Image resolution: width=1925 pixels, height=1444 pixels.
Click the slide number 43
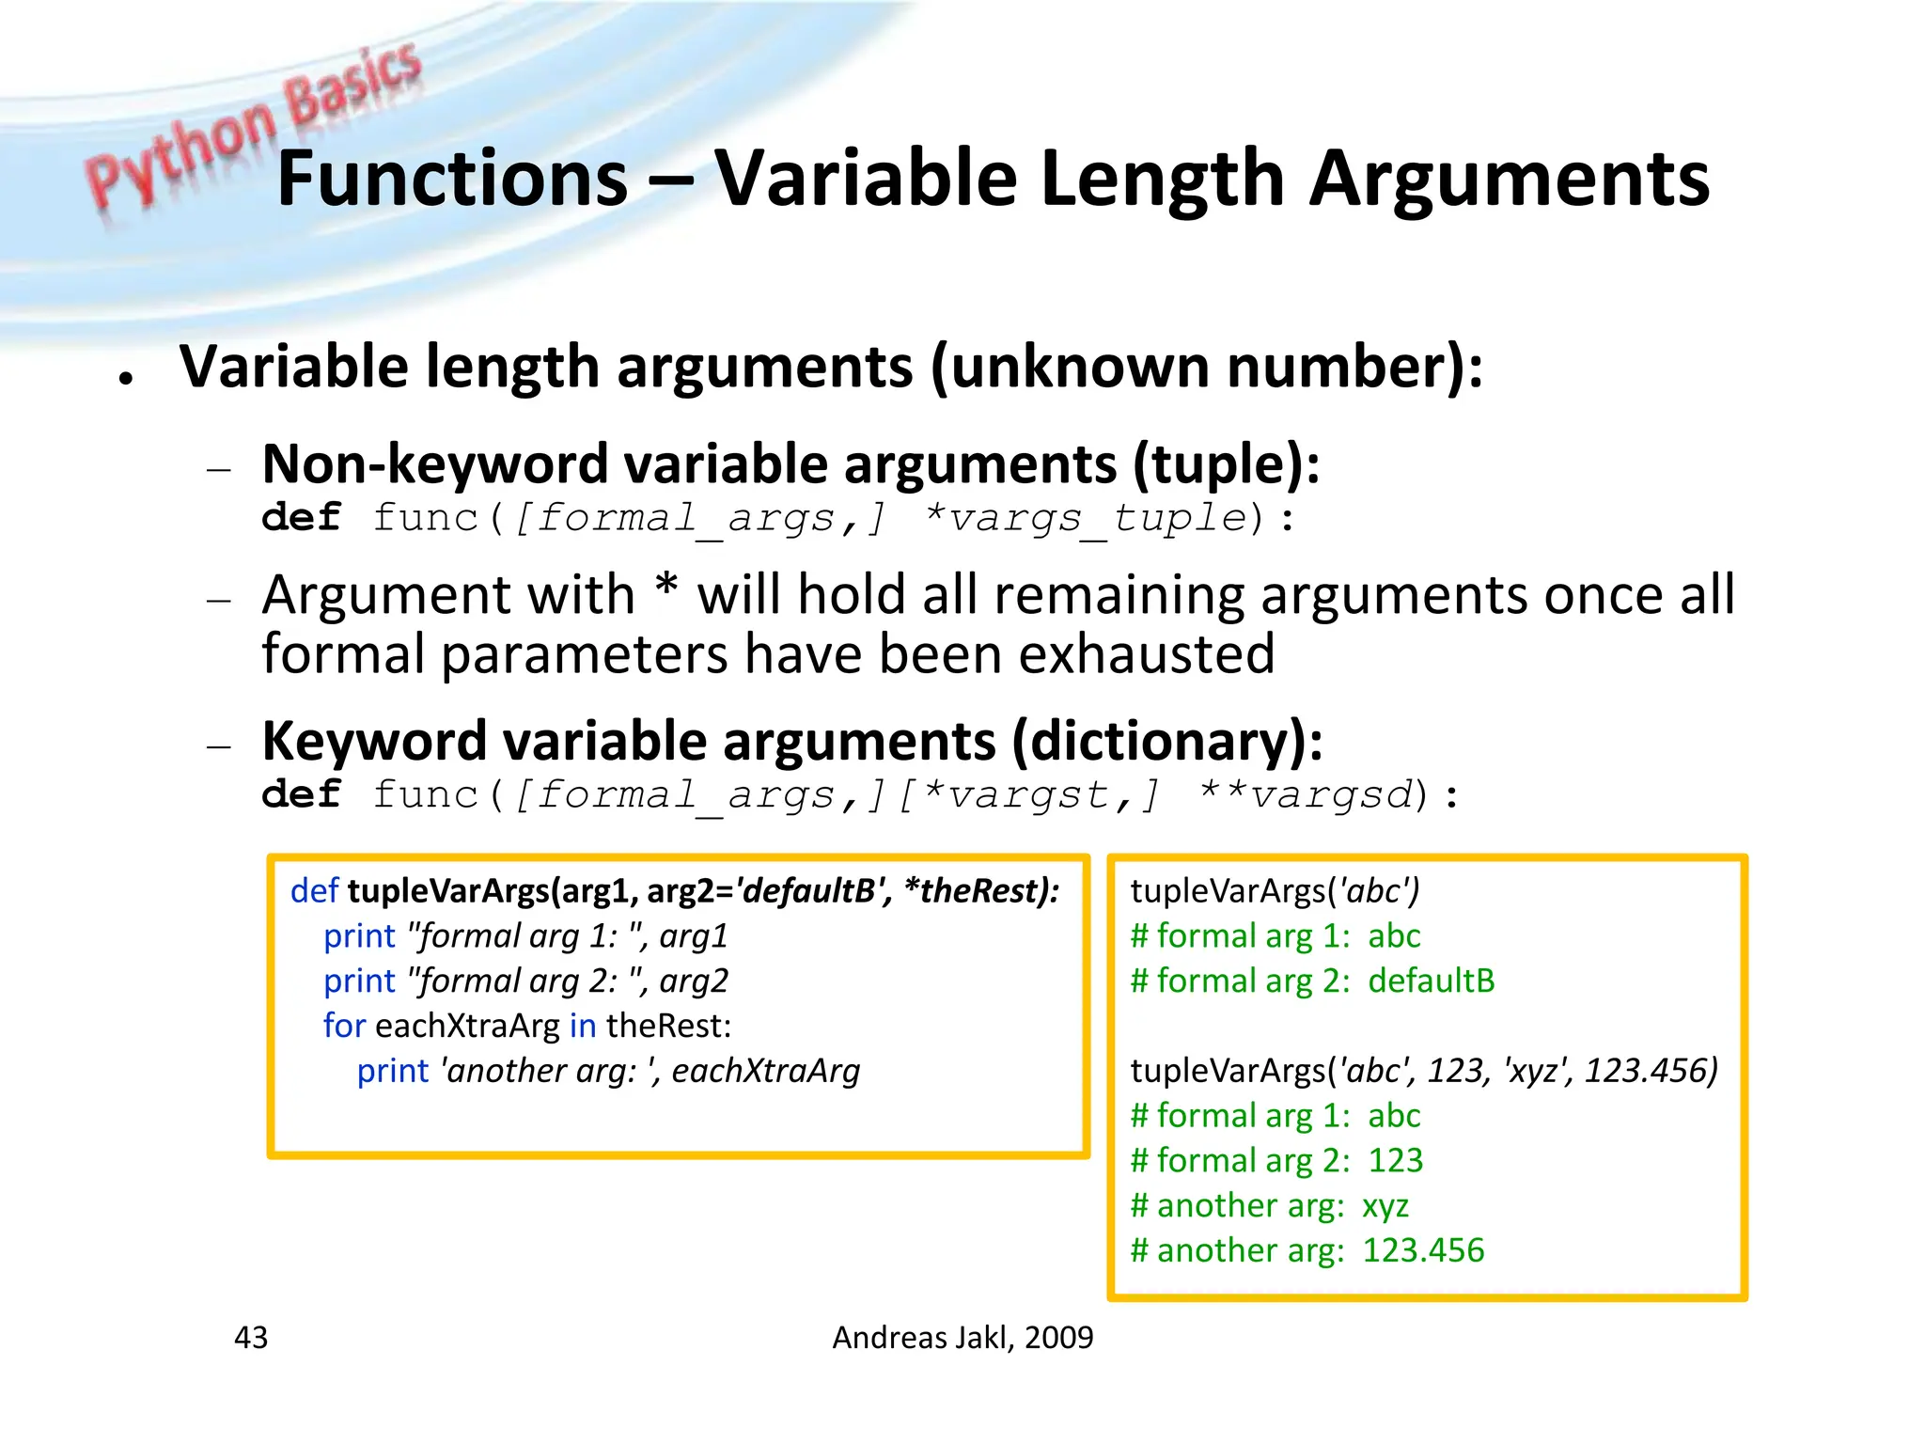251,1337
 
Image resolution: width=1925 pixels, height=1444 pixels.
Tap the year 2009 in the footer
1059,1337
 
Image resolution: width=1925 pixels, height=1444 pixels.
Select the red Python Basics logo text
254,127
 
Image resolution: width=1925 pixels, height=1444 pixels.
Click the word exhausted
1147,654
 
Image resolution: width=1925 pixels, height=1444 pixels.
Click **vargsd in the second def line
1307,795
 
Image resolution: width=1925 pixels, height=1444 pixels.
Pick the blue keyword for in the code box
344,1026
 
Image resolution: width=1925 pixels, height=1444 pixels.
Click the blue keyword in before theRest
583,1026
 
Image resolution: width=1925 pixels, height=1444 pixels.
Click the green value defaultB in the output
1431,981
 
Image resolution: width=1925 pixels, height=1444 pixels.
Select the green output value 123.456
1423,1250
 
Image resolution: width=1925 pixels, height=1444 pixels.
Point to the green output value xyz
1385,1205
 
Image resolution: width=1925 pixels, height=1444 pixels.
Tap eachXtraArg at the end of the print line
766,1071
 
